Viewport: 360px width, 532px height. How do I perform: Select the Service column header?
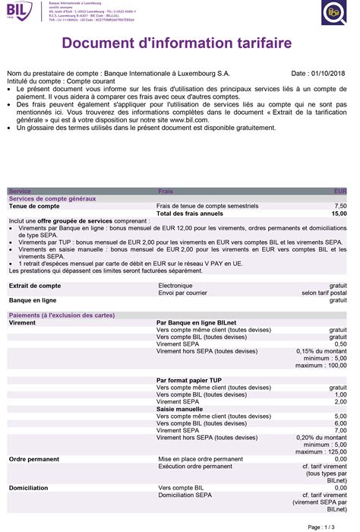click(x=20, y=192)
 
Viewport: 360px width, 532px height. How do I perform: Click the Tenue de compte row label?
click(x=33, y=206)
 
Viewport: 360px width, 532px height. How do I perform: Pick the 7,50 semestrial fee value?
click(x=340, y=206)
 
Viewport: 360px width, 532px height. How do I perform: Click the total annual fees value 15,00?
click(x=339, y=214)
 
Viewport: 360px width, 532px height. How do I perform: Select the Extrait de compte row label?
click(x=34, y=286)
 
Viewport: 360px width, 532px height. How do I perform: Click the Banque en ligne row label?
click(x=33, y=300)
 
